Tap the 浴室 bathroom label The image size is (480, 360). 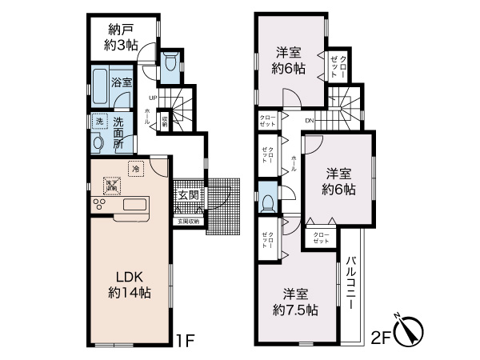tap(121, 82)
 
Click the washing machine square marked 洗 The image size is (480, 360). tap(98, 122)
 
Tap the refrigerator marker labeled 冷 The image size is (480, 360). tap(136, 170)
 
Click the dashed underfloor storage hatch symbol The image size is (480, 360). tap(111, 187)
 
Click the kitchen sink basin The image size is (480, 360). tap(134, 205)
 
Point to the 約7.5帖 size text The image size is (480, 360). tap(295, 309)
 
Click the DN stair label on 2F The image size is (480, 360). tap(310, 121)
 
